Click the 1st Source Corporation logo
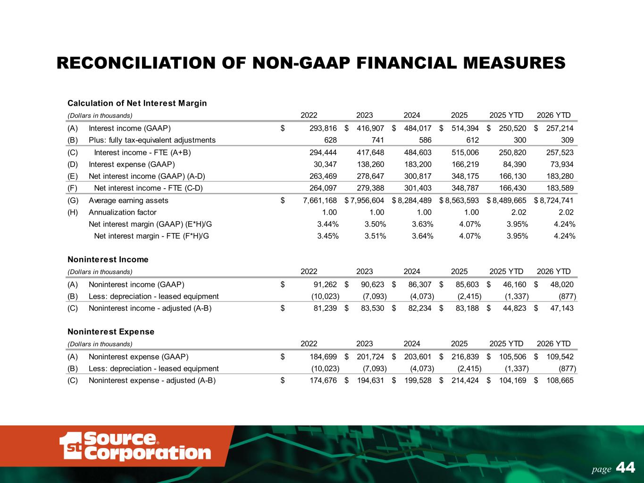[135, 446]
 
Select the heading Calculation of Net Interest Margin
[137, 103]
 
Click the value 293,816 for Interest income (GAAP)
[323, 128]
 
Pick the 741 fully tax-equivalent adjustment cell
[377, 140]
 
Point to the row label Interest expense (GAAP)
[132, 165]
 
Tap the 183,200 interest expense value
[418, 165]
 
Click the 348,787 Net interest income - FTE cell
[465, 188]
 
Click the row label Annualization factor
[123, 212]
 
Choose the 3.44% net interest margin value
[328, 225]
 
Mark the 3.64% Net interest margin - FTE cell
[422, 236]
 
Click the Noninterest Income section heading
[108, 259]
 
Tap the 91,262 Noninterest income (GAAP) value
[325, 284]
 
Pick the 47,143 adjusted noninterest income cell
[562, 308]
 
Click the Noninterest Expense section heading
[111, 332]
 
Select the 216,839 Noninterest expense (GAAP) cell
[465, 357]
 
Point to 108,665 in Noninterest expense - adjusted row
[560, 381]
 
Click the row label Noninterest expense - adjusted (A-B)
[152, 381]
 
